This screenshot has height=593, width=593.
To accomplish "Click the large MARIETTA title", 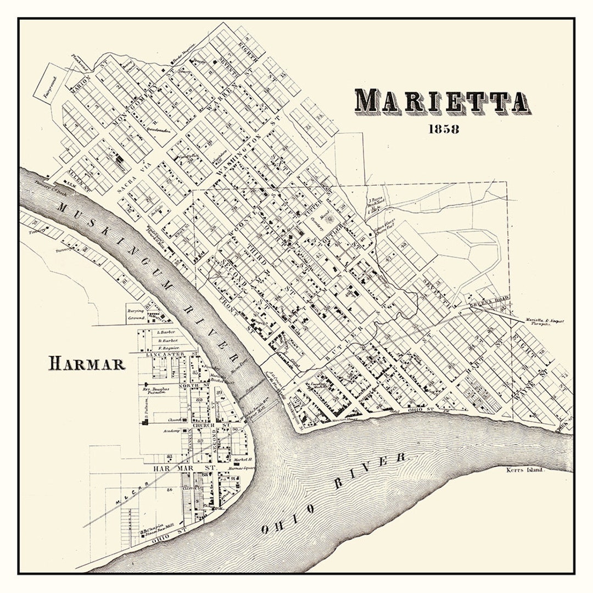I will [443, 102].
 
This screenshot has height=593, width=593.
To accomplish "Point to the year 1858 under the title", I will [443, 130].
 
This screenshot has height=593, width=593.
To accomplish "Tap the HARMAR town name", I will [87, 363].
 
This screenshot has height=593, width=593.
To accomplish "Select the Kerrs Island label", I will [525, 471].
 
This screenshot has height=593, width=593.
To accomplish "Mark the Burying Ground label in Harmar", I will [136, 314].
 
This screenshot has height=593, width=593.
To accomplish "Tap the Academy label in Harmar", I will [171, 431].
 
